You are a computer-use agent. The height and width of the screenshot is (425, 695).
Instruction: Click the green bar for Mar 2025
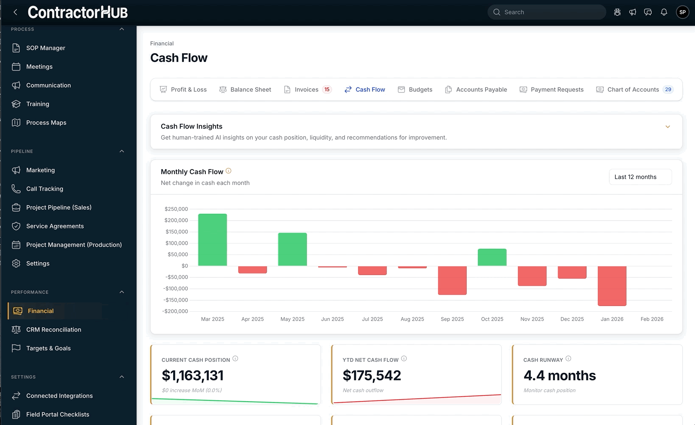213,240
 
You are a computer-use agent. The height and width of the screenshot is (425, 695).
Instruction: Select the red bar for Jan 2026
612,285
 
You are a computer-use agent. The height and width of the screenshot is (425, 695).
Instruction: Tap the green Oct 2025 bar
492,257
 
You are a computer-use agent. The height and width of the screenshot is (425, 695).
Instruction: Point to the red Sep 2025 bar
452,280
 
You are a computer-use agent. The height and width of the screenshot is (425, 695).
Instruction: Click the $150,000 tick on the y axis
177,232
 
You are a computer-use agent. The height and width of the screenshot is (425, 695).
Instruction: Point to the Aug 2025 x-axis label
412,319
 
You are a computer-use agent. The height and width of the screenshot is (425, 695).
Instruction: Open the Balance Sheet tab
245,89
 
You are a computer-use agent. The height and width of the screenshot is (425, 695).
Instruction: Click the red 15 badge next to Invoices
327,89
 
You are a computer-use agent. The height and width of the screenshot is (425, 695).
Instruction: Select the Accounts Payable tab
476,89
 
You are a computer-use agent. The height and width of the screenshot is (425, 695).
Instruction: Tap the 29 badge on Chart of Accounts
668,89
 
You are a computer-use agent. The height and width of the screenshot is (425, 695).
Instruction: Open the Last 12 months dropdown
640,177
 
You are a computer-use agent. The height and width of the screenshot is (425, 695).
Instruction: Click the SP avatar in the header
682,12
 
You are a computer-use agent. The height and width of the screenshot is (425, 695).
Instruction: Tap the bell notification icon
664,12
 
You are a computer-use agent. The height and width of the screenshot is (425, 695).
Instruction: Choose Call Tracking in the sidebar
45,189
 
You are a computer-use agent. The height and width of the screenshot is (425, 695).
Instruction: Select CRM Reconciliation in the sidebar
53,330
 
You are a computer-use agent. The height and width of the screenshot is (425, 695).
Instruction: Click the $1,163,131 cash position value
193,375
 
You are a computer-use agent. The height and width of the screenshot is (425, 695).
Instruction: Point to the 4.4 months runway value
560,375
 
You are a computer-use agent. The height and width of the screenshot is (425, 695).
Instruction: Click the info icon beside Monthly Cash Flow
228,171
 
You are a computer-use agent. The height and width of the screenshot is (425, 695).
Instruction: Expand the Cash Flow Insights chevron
667,127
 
